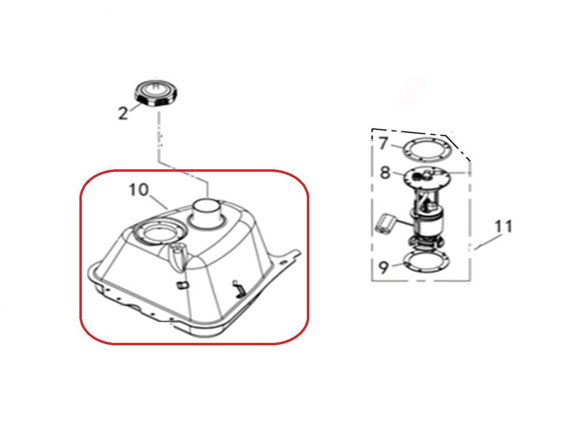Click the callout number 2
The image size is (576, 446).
(x=123, y=113)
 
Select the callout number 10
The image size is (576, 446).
(x=139, y=190)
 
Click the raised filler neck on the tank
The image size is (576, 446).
(x=208, y=214)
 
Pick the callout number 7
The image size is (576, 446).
(x=384, y=143)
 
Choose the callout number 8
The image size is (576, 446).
(x=385, y=172)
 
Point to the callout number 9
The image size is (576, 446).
(x=384, y=267)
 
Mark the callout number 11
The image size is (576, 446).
(x=503, y=226)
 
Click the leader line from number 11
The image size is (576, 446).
(x=488, y=243)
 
